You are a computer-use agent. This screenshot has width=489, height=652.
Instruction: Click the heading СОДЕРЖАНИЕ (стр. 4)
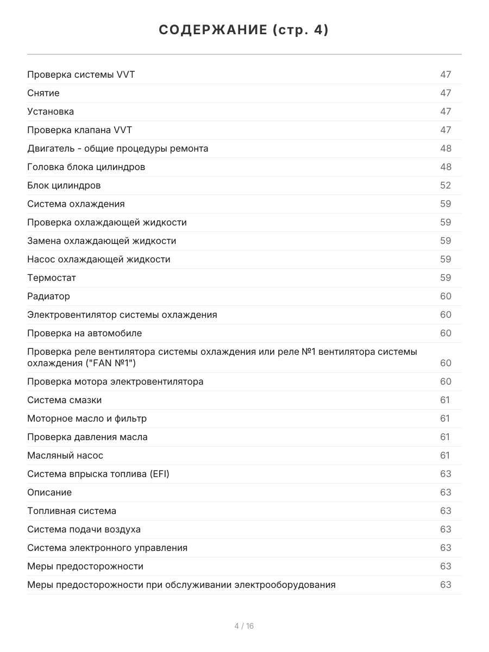[x=244, y=30]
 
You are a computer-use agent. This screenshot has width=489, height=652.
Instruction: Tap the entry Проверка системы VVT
[x=81, y=74]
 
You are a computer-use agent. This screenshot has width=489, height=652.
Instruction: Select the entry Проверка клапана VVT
[x=79, y=130]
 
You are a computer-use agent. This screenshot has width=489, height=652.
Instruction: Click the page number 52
[x=446, y=185]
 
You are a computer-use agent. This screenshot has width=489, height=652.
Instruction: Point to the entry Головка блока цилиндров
[x=86, y=167]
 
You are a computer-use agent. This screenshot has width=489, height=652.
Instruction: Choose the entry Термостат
[x=52, y=278]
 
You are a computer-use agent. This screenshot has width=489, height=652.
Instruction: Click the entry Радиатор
[x=48, y=296]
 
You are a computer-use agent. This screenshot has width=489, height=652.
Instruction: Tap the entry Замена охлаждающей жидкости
[x=102, y=241]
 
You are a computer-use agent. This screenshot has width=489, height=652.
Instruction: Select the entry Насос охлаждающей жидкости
[x=98, y=259]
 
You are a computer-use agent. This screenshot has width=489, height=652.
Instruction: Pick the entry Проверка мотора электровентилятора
[x=115, y=381]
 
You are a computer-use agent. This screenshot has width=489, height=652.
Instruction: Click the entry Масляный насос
[x=65, y=455]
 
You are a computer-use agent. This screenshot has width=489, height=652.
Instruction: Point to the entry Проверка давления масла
[x=87, y=437]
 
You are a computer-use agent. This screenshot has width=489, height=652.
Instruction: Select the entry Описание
[x=49, y=492]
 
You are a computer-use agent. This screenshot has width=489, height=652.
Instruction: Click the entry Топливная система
[x=72, y=511]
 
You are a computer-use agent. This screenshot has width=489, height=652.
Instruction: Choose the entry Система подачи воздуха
[x=84, y=529]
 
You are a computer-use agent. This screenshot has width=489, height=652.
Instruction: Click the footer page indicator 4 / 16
[x=244, y=626]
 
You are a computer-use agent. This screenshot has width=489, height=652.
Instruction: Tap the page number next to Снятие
[x=446, y=93]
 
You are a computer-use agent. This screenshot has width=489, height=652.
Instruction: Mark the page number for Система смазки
[x=445, y=400]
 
